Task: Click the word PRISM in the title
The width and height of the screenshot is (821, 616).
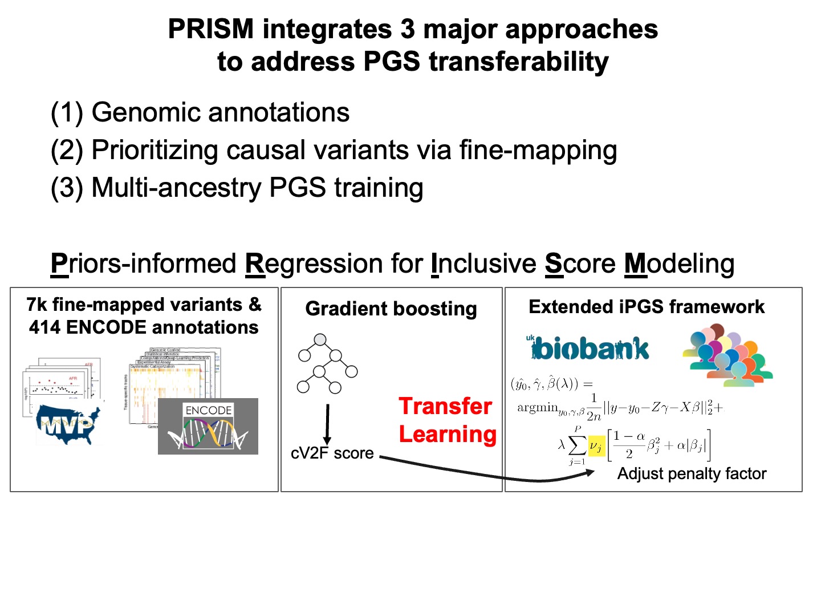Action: tap(210, 30)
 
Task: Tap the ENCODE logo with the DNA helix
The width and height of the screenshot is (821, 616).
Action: tap(208, 427)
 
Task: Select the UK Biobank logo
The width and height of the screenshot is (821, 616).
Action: tap(587, 348)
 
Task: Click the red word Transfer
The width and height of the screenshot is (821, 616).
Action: tap(445, 406)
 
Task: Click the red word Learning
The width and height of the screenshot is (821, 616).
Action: tap(448, 434)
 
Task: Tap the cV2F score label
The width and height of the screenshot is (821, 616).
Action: tap(332, 453)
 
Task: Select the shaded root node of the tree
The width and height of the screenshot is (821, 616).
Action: tap(320, 340)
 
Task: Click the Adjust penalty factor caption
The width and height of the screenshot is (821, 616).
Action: tap(692, 474)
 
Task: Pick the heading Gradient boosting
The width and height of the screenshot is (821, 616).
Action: tap(391, 309)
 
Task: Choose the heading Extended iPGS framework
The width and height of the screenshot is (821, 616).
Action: tap(647, 307)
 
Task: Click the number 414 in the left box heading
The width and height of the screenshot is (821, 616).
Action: tap(46, 327)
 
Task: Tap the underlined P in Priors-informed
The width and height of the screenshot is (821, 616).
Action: tap(59, 264)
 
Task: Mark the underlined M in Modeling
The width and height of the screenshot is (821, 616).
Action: tap(636, 264)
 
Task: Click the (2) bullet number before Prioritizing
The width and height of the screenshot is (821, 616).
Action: tap(67, 150)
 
